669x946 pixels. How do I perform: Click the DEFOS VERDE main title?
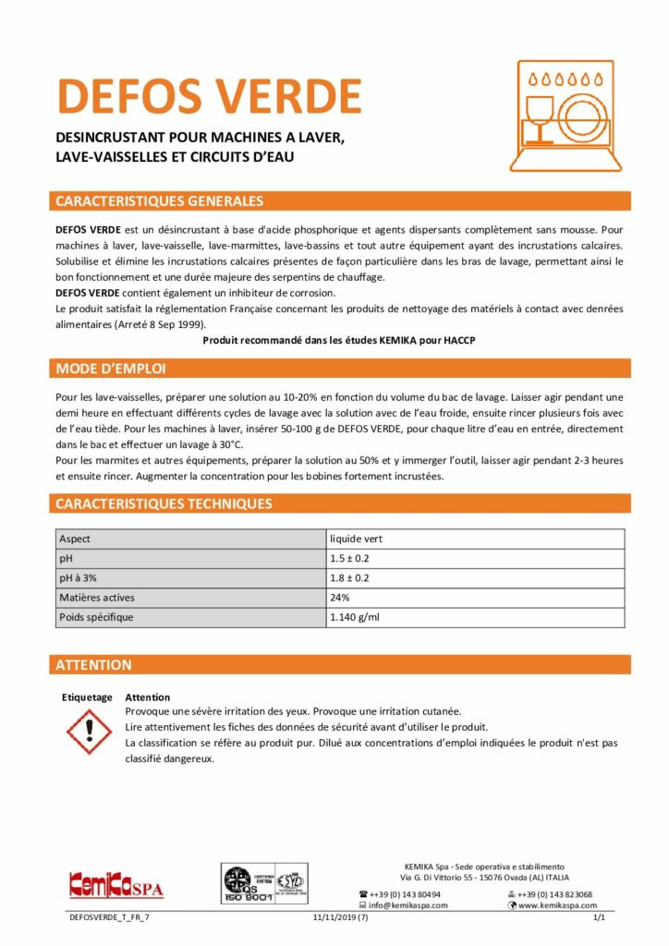[209, 95]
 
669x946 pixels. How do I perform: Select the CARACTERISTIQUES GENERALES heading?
[160, 201]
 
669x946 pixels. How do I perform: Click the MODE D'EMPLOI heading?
[111, 370]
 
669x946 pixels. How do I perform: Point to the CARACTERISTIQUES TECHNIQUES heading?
[164, 503]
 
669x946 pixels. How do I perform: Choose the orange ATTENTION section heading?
[93, 665]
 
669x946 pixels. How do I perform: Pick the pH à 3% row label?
[80, 578]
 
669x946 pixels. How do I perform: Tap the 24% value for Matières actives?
[341, 598]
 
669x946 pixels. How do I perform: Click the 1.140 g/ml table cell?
[356, 617]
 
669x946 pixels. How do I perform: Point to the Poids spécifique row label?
[96, 617]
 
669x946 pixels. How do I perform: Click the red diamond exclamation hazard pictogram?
[90, 732]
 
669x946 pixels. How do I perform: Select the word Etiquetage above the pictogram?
[86, 697]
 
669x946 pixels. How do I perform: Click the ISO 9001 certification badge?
[264, 884]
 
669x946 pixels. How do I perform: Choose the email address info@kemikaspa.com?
[408, 905]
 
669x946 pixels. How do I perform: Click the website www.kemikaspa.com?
[557, 905]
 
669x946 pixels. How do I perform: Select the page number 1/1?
[598, 918]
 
